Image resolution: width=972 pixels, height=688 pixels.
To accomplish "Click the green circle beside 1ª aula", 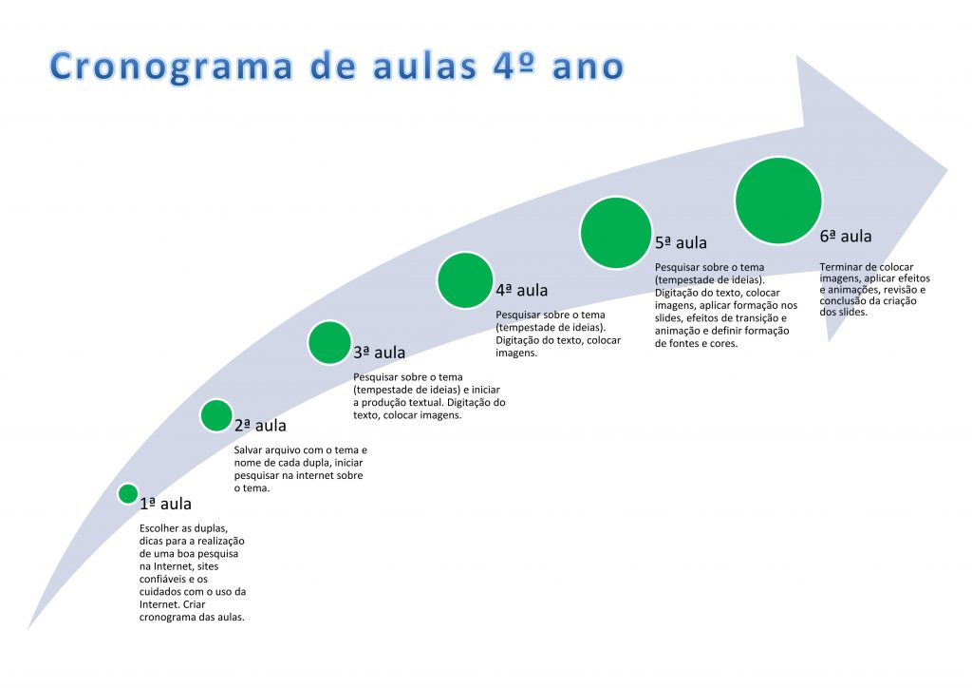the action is tap(128, 494).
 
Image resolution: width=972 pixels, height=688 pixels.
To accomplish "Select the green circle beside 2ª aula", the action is tap(216, 415).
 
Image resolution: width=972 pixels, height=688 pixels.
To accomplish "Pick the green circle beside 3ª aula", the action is tap(329, 342).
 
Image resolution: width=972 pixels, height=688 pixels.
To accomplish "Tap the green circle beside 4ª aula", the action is tap(465, 280).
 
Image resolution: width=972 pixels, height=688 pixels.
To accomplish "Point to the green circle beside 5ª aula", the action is tap(616, 233).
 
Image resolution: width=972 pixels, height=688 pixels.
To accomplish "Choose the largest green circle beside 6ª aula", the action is tap(778, 201).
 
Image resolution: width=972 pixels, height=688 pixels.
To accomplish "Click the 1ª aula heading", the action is tap(165, 504).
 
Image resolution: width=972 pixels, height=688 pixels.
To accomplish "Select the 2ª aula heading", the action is tap(260, 426).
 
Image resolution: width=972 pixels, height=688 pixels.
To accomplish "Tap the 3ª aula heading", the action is tap(380, 353).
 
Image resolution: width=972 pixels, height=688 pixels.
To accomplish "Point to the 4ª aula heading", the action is tap(522, 291).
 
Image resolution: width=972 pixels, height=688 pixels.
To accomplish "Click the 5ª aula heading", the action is tap(682, 242).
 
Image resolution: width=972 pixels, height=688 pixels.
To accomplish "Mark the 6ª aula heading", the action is tap(846, 237).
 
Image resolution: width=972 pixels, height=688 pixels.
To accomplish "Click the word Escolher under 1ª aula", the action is tap(159, 528).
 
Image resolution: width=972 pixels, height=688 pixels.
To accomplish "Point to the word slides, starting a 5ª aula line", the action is tap(669, 318).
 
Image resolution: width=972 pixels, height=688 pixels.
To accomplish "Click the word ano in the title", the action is tap(588, 68).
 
